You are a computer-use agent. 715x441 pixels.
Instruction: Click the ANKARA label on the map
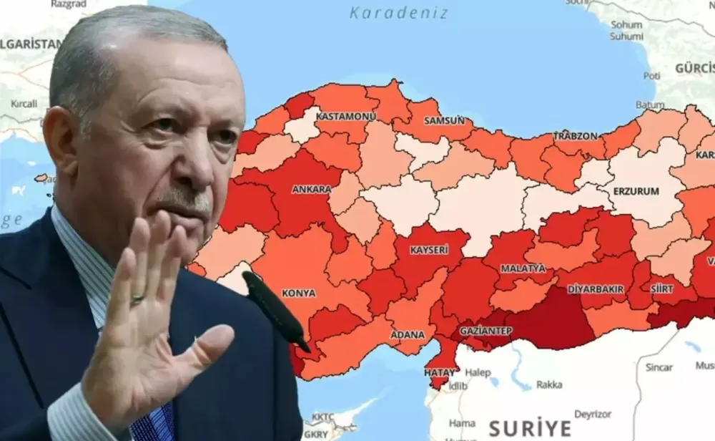click(x=312, y=190)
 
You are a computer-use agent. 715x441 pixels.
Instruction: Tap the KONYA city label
click(x=298, y=294)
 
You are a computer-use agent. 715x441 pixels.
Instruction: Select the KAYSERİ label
click(x=429, y=250)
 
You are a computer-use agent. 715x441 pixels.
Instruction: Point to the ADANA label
click(x=407, y=334)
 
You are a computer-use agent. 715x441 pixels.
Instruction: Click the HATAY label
click(x=439, y=373)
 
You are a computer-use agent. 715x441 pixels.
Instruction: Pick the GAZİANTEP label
click(x=485, y=331)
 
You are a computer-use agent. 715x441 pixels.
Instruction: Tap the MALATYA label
click(x=523, y=268)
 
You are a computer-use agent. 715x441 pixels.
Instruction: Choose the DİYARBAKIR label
click(x=596, y=289)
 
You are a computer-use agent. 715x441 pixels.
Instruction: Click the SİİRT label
click(x=661, y=289)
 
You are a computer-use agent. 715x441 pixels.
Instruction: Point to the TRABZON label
click(x=576, y=136)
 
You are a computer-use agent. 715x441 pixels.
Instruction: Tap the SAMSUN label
click(x=445, y=120)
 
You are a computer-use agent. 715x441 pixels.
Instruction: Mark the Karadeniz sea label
click(x=399, y=13)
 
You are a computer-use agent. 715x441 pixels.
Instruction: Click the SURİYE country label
click(x=530, y=428)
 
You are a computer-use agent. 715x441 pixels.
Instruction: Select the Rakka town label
click(x=549, y=384)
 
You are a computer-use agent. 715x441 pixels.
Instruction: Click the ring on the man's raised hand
click(x=137, y=299)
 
